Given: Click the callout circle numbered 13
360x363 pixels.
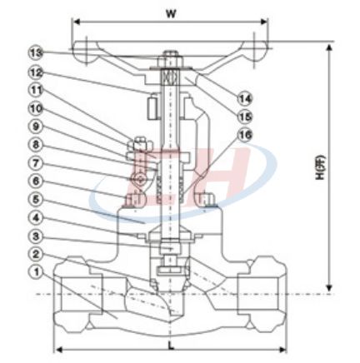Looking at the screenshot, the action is pos(37,52).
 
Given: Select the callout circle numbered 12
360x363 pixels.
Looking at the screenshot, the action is pos(37,72).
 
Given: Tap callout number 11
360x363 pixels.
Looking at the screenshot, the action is pos(37,90).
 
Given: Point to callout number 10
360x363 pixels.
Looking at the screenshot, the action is pos(37,108).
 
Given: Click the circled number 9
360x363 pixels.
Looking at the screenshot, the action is pos(37,127).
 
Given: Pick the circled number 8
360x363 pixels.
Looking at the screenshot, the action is pos(37,145).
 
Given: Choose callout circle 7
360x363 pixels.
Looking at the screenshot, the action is pos(37,163).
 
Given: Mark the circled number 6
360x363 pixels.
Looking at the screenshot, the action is pos(37,181).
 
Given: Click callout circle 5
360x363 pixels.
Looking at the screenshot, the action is pos(37,199).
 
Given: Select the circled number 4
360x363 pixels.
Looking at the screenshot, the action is pos(37,218).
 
